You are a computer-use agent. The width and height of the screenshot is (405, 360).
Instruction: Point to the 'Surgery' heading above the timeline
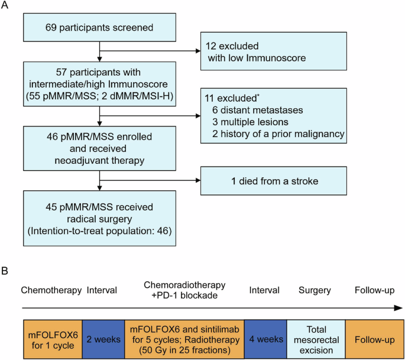coord(315,290)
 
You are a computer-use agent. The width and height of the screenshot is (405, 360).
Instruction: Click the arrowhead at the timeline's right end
coord(399,308)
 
